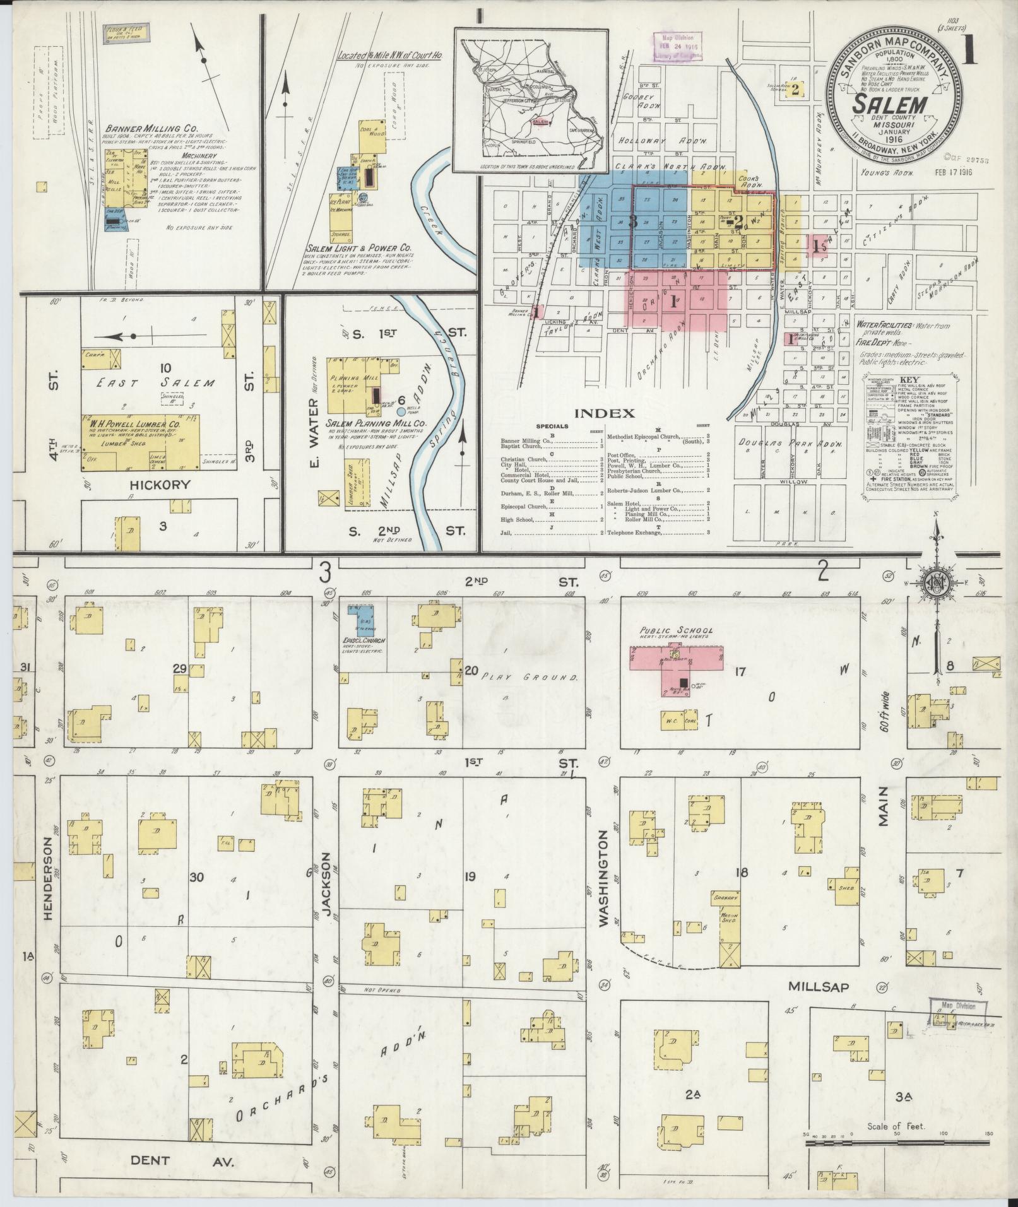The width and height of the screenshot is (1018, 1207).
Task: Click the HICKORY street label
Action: tap(160, 485)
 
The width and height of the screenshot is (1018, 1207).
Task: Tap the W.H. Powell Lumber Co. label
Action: tap(135, 425)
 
